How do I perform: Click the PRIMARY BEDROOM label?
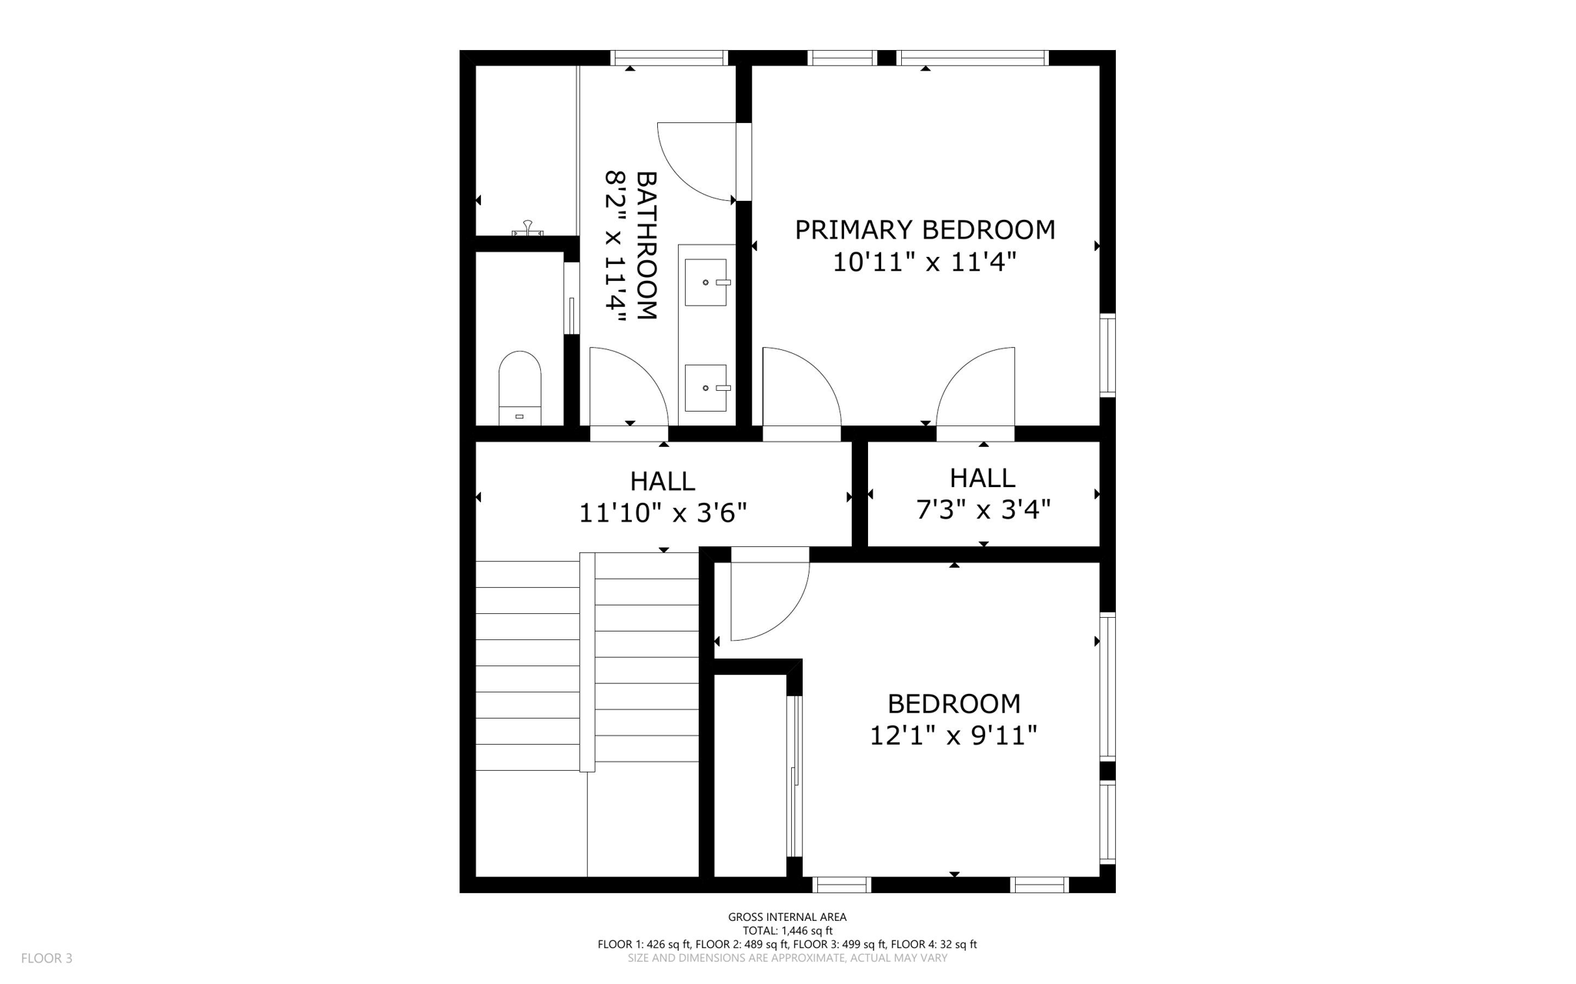point(924,229)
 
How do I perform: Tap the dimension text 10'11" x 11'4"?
point(924,262)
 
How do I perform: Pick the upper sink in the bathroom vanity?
point(706,282)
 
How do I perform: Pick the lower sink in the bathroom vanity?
point(706,388)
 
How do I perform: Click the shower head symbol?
point(528,228)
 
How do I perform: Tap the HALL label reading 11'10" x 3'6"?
point(663,496)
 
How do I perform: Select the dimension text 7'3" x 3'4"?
point(983,509)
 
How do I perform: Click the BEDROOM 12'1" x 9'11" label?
point(953,719)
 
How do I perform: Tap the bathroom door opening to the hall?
point(627,389)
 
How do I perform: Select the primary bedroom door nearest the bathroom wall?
point(800,389)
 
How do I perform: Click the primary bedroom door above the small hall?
point(976,389)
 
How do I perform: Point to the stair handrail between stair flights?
point(587,662)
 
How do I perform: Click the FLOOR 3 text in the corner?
point(47,958)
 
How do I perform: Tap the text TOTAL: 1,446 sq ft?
point(787,930)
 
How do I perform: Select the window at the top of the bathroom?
point(669,58)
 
